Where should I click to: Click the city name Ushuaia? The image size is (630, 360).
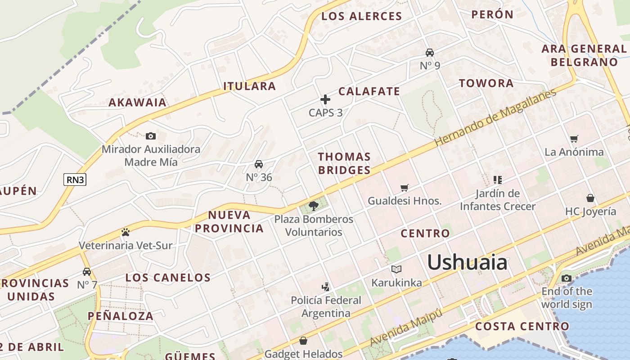[467, 262]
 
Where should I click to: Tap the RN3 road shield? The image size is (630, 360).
[75, 180]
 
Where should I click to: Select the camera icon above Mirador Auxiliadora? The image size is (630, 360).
[151, 136]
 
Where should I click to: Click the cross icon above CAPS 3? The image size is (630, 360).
[325, 99]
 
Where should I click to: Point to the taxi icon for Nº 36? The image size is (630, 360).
[259, 164]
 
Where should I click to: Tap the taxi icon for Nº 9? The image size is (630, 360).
[430, 52]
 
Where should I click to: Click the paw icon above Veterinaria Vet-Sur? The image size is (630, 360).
[126, 232]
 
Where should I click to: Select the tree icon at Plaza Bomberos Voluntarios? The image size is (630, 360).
[314, 206]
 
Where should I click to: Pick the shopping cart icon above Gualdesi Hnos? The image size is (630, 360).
[405, 188]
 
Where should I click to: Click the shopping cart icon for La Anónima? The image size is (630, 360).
[574, 139]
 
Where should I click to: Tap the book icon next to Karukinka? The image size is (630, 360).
[396, 269]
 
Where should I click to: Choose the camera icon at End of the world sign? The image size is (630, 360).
[567, 278]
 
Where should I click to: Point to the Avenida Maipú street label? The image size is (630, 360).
[406, 328]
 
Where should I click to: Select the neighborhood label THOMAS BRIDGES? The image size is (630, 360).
[344, 163]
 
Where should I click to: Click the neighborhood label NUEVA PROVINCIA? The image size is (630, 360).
[229, 221]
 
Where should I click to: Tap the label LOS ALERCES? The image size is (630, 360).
[361, 16]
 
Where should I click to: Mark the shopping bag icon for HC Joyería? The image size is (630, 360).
[590, 198]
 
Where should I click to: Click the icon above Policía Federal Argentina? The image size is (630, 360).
[325, 287]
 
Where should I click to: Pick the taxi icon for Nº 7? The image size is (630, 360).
[87, 271]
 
